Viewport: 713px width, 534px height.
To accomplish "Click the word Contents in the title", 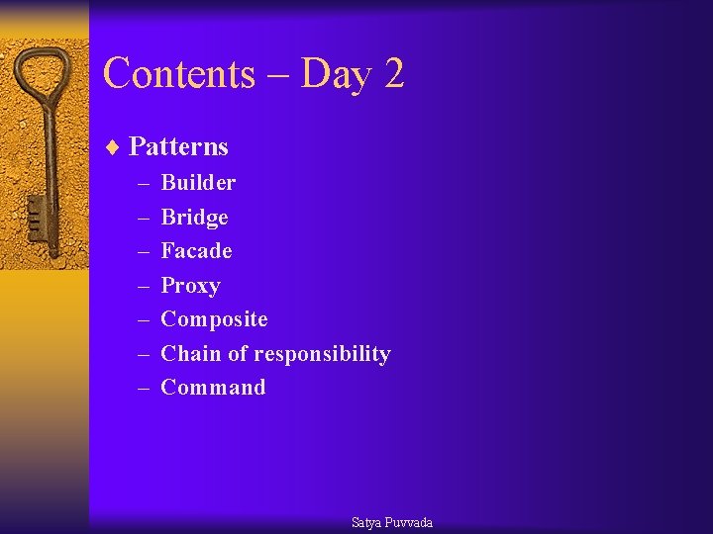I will tap(178, 74).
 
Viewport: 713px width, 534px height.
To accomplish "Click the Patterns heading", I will tap(178, 147).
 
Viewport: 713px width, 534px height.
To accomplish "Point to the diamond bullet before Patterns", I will tap(113, 147).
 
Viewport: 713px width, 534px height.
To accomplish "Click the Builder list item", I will tap(198, 183).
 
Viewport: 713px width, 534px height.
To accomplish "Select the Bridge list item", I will tap(194, 218).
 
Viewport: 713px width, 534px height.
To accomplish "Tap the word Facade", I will tap(196, 251).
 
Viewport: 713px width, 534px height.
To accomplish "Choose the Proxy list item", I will tap(190, 286).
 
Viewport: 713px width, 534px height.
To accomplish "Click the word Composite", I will tap(214, 319).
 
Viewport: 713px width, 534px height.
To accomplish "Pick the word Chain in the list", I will tap(185, 354).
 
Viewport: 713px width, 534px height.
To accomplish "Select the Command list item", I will tap(213, 388).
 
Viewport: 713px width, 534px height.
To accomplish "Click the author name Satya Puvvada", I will tap(392, 522).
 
